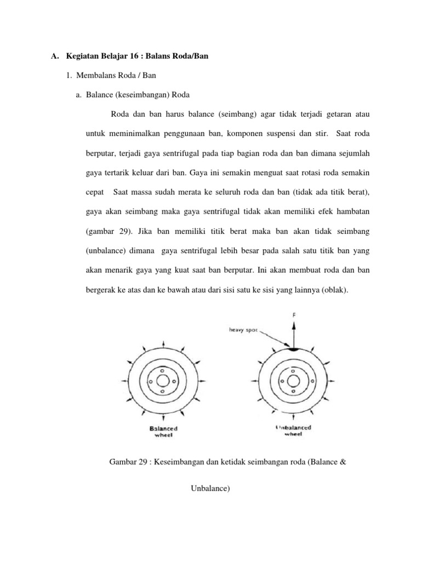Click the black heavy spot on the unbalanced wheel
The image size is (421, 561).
point(294,348)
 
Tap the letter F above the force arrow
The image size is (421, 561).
point(295,316)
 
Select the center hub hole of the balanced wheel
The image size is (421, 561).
point(163,381)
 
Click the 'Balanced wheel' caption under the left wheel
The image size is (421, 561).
point(163,431)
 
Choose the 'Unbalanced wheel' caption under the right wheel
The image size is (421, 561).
point(293,431)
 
